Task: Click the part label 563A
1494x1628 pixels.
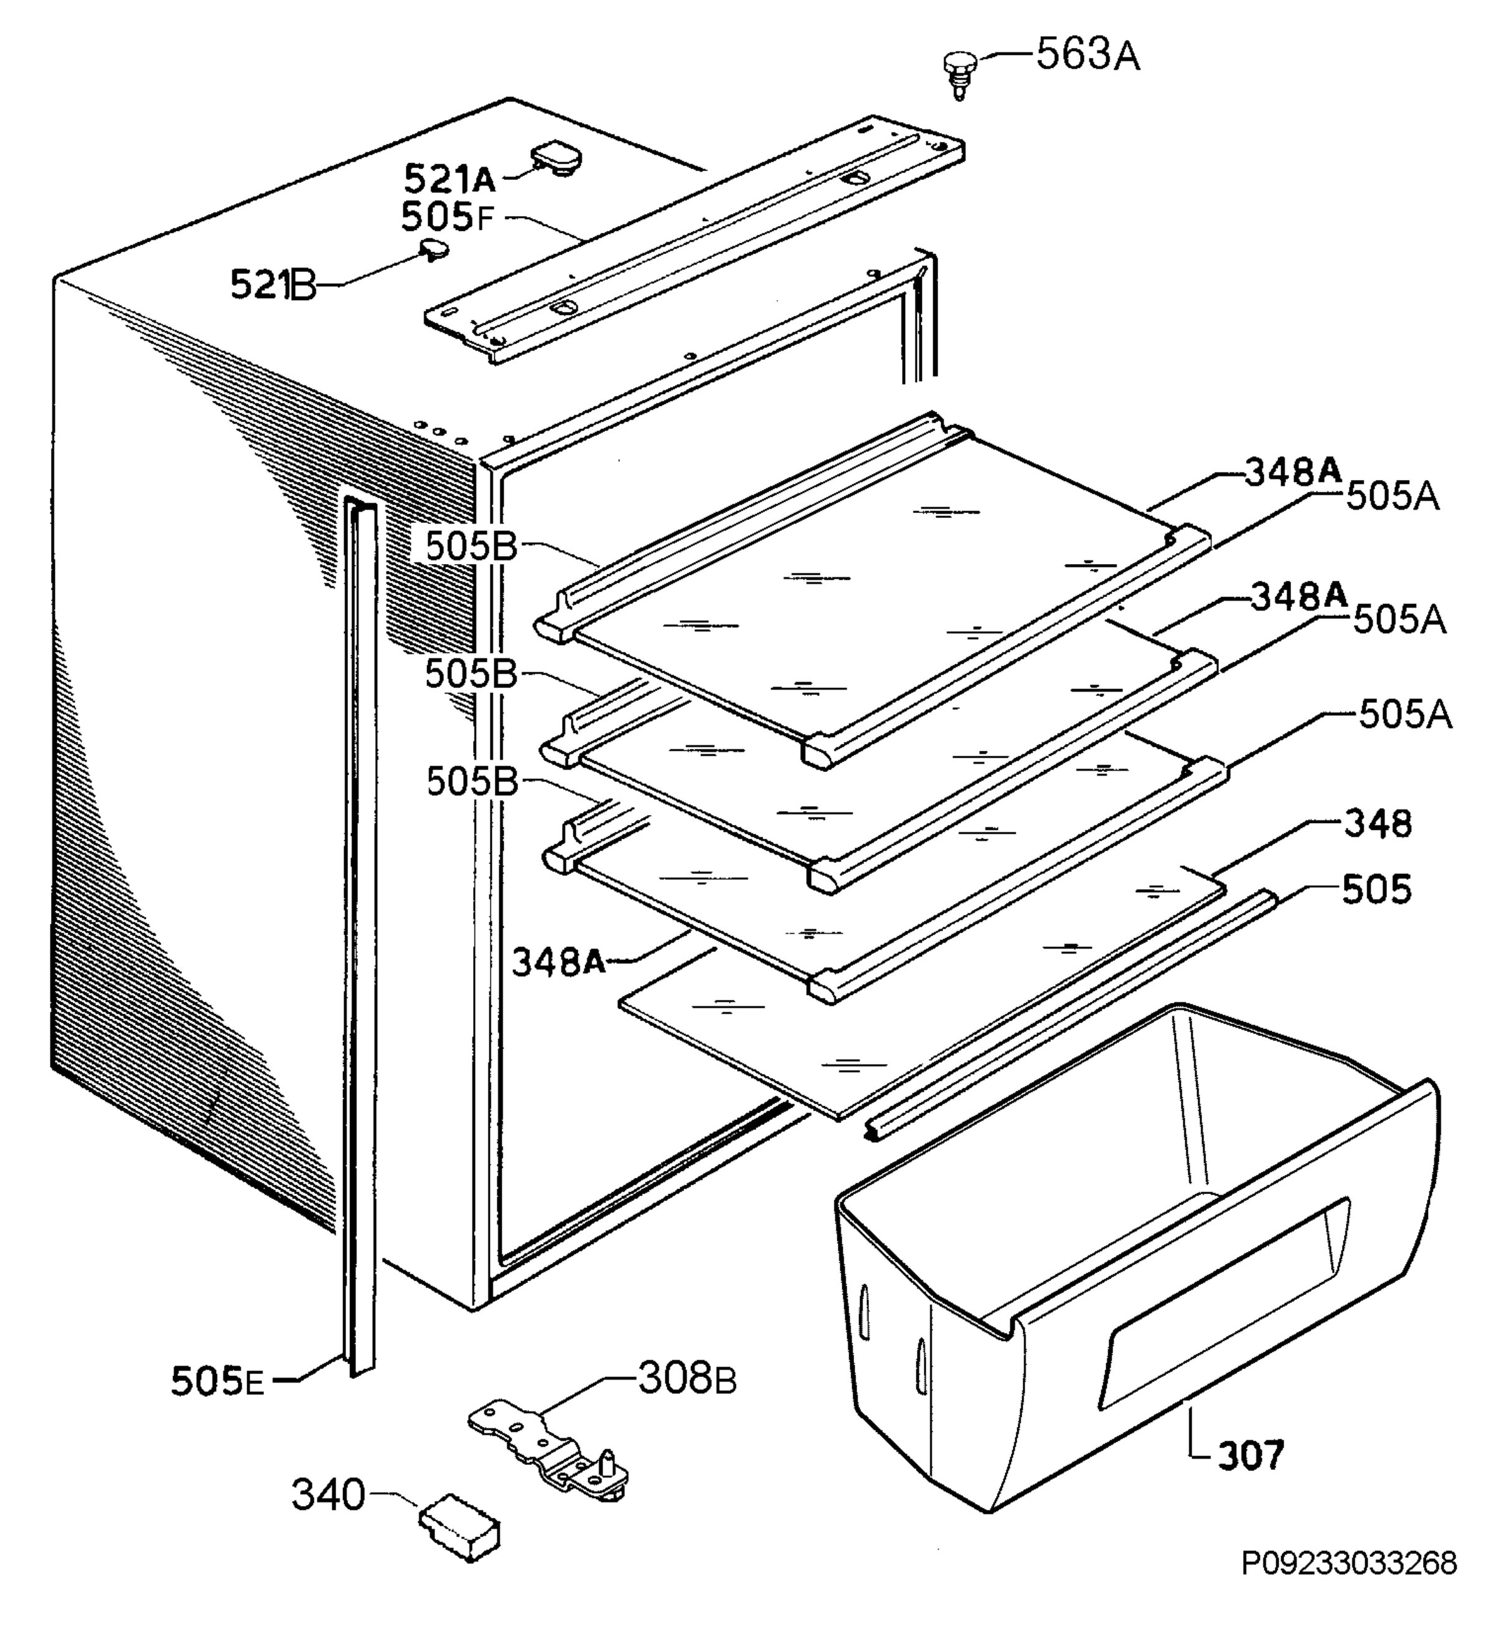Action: click(x=1088, y=56)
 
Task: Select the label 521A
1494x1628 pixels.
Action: click(x=449, y=178)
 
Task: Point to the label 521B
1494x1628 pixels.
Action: click(x=273, y=285)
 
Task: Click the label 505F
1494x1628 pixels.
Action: click(x=446, y=217)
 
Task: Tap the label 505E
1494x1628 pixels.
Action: click(x=217, y=1381)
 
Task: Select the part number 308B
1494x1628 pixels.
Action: click(x=687, y=1378)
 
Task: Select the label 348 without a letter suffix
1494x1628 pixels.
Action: click(x=1378, y=824)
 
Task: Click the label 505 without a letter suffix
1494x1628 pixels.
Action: click(x=1377, y=889)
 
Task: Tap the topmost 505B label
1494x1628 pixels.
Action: click(x=471, y=547)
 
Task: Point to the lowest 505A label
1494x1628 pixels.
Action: click(x=1406, y=715)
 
